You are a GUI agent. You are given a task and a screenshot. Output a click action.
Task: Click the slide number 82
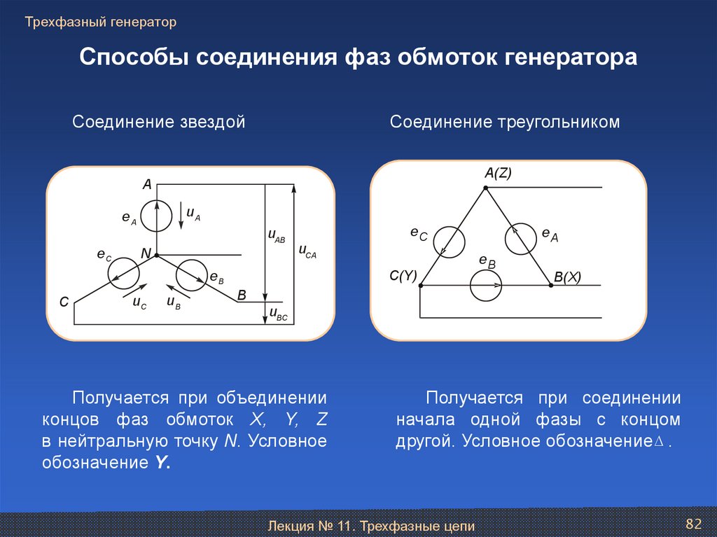pos(693,523)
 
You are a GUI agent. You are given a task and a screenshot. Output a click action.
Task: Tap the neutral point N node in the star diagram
pos(157,256)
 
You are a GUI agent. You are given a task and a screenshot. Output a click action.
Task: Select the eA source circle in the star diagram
pos(156,216)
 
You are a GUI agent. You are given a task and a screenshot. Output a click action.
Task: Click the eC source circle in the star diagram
pos(123,272)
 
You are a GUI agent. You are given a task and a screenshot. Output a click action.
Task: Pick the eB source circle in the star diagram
pos(190,274)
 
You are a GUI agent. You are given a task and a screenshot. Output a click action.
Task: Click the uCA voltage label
pos(307,251)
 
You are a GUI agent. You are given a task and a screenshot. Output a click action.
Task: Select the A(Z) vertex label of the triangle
pos(498,174)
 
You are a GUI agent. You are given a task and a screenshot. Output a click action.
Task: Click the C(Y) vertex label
pos(403,276)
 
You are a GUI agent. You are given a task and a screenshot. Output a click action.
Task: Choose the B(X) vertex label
pos(567,277)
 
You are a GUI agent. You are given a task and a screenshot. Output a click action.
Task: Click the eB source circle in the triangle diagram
pos(486,286)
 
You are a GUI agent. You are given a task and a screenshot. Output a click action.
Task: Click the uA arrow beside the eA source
pos(181,215)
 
